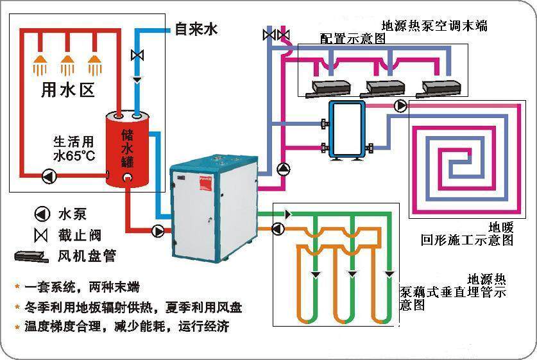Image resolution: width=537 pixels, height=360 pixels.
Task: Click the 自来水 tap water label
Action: coord(196,30)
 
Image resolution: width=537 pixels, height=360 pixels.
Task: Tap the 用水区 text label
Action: coord(68,90)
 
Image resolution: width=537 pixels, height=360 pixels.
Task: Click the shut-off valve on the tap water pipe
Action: coord(137,56)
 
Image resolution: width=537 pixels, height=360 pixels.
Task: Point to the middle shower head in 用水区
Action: coord(67,64)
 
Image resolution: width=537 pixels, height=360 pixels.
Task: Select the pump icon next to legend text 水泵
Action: coord(42,214)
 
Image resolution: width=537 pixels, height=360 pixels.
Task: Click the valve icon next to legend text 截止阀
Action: coord(42,235)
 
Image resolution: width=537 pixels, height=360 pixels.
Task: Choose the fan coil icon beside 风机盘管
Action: coord(31,256)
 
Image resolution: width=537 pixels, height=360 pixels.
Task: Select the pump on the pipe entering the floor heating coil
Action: coord(400,106)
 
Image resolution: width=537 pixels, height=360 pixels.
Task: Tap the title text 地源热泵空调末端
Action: coord(435,26)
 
